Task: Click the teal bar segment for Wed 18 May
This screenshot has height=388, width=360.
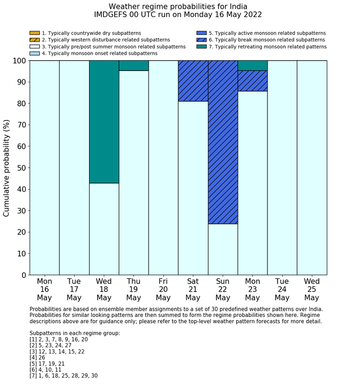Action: click(104, 121)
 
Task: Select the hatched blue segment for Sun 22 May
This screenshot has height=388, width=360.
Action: click(223, 142)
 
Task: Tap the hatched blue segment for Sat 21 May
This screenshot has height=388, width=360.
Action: click(193, 81)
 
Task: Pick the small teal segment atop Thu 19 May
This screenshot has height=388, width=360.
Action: click(134, 65)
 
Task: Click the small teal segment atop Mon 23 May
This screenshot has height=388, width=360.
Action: click(253, 65)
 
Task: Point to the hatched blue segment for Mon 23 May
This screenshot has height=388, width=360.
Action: click(253, 81)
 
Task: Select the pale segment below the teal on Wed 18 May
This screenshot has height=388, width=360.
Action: click(104, 229)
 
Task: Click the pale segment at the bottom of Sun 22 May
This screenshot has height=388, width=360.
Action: click(223, 250)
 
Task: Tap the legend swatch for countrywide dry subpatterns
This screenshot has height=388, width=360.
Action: click(34, 33)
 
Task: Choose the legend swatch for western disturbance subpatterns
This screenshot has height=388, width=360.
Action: click(34, 40)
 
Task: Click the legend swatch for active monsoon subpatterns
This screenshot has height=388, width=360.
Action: click(202, 33)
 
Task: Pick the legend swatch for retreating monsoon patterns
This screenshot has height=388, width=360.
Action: click(202, 46)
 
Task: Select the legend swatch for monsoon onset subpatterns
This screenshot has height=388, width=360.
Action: click(34, 53)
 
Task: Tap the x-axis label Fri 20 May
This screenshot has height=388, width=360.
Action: click(163, 290)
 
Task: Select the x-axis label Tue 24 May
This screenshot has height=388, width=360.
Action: click(282, 290)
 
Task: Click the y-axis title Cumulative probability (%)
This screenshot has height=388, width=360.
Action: click(7, 168)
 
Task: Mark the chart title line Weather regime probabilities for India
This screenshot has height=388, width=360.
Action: click(178, 6)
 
